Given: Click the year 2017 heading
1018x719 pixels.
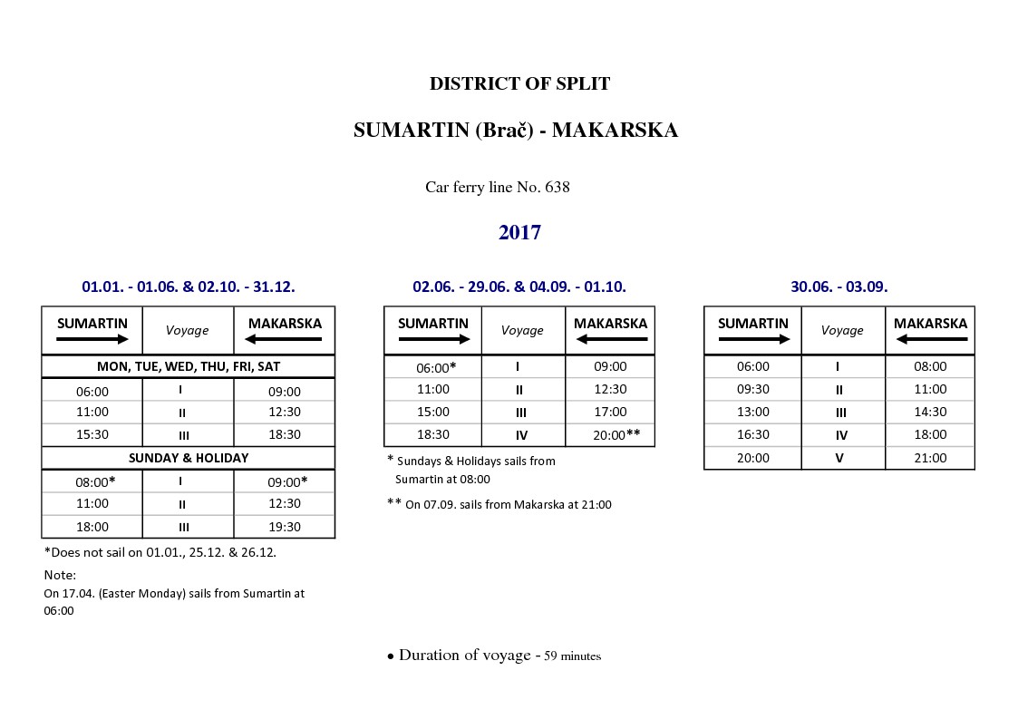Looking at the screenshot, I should click(x=519, y=233).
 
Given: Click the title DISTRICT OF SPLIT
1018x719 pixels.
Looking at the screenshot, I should click(x=519, y=84).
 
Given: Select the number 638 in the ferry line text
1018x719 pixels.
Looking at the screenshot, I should click(x=557, y=188).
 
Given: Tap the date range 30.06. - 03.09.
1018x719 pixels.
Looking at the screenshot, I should click(x=839, y=287).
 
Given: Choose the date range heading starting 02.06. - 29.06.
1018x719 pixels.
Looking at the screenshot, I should click(x=519, y=287).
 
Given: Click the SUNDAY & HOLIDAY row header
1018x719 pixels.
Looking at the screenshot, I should click(x=188, y=458).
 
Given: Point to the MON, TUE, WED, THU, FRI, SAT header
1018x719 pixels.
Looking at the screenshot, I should click(x=188, y=366).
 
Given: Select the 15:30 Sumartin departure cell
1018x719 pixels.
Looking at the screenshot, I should click(x=92, y=434).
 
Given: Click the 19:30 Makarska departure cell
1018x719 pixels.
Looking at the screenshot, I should click(x=285, y=527).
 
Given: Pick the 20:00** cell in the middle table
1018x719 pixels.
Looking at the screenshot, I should click(x=610, y=435).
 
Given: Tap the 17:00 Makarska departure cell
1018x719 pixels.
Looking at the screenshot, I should click(x=610, y=412).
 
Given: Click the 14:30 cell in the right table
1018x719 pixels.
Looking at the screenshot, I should click(x=930, y=412).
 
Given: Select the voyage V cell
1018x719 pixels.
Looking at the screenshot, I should click(x=839, y=458).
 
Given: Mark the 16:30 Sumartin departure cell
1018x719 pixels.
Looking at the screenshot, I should click(x=752, y=435).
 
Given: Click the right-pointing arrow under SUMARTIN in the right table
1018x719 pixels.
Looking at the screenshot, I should click(x=753, y=339).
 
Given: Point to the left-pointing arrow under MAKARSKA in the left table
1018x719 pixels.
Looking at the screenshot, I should click(x=285, y=339).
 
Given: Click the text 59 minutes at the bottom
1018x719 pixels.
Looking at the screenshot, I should click(x=572, y=656).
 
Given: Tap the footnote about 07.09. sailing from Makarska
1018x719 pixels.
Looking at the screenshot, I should click(x=499, y=504).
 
